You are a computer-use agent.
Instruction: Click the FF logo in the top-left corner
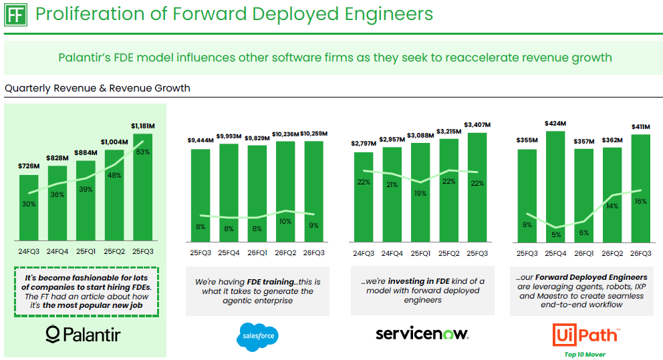[x=17, y=14]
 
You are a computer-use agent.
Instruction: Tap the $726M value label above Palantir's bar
[x=29, y=166]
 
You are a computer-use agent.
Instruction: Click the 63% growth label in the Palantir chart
[x=142, y=152]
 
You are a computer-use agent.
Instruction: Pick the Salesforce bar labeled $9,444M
[x=201, y=194]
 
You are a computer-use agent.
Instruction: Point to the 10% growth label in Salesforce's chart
[x=286, y=221]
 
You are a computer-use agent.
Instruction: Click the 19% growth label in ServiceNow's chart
[x=421, y=194]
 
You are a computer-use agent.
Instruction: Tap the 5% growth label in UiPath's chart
[x=555, y=234]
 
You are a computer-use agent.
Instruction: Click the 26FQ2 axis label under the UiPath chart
[x=612, y=254]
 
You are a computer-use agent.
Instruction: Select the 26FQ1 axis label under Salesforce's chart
[x=257, y=254]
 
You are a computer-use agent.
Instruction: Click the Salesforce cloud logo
[x=257, y=336]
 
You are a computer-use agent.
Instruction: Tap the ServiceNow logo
[x=422, y=333]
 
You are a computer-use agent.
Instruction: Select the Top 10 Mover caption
[x=585, y=355]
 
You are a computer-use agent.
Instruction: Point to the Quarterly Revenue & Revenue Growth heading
[x=97, y=88]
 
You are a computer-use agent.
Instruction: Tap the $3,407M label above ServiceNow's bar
[x=477, y=125]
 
